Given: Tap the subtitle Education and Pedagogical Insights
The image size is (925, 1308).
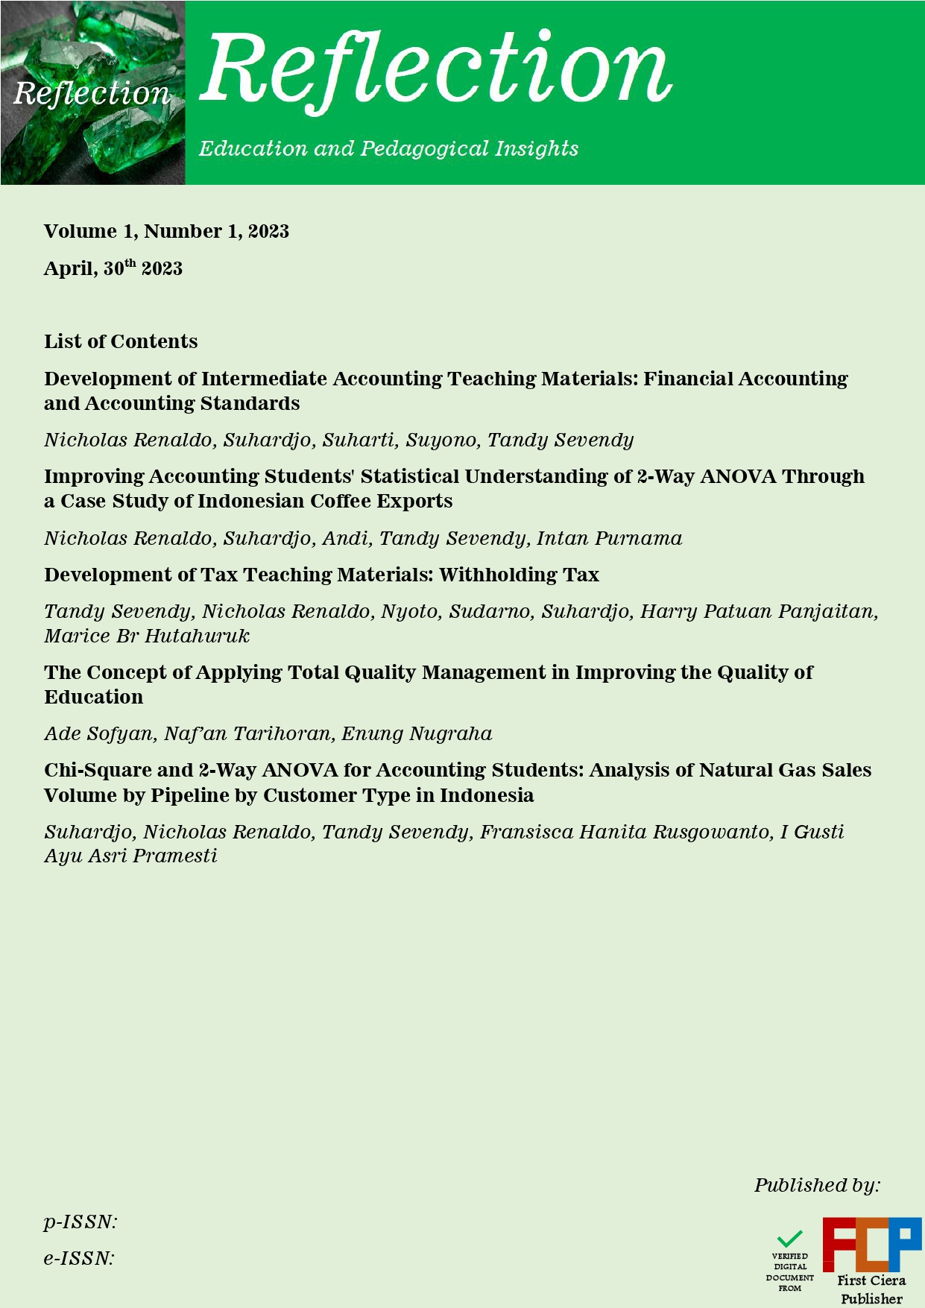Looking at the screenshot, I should [388, 148].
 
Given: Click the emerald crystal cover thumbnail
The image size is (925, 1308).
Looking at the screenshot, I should [92, 92].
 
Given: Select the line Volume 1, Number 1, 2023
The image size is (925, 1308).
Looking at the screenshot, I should [166, 231].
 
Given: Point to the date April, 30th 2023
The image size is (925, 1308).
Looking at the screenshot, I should [113, 268].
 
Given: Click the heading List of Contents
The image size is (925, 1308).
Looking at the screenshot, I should [121, 341].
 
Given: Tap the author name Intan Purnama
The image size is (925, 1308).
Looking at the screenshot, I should [609, 538].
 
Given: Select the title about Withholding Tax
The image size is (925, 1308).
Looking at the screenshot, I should [321, 575].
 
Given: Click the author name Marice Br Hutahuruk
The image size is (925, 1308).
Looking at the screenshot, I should [147, 636].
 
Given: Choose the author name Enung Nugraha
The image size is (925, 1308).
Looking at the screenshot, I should [417, 733].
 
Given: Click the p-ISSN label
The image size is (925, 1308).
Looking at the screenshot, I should [80, 1222].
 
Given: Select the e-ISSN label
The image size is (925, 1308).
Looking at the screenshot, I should [79, 1259].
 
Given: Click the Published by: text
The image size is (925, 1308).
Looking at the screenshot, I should [817, 1185].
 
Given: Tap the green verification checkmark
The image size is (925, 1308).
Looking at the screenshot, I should [789, 1239].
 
